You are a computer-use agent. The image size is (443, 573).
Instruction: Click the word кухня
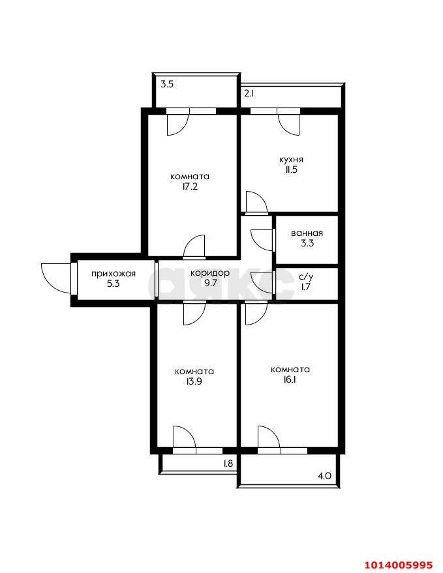[x=291, y=160]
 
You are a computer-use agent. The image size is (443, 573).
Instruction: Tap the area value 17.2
[x=190, y=186]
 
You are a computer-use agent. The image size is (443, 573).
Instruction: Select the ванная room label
[x=307, y=233]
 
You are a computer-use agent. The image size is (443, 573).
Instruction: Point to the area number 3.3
[x=307, y=243]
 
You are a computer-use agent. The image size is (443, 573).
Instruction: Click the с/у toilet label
[x=306, y=277]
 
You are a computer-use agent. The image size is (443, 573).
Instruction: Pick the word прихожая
[x=114, y=274]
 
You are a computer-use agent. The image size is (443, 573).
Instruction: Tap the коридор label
[x=210, y=273]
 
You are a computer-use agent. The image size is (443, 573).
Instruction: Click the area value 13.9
[x=194, y=381]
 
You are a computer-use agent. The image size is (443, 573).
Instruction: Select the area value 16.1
[x=290, y=379]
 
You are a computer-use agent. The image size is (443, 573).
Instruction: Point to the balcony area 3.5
[x=167, y=84]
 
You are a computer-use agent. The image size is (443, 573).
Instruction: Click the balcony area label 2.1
[x=249, y=93]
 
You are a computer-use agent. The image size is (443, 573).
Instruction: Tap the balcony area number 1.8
[x=228, y=463]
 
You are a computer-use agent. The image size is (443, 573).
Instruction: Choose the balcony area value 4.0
[x=324, y=476]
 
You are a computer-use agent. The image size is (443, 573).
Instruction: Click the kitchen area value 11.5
[x=291, y=169]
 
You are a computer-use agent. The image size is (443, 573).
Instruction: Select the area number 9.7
[x=210, y=283]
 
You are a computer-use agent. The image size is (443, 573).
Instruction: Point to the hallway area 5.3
[x=113, y=283]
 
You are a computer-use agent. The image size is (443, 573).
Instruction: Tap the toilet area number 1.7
[x=305, y=287]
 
